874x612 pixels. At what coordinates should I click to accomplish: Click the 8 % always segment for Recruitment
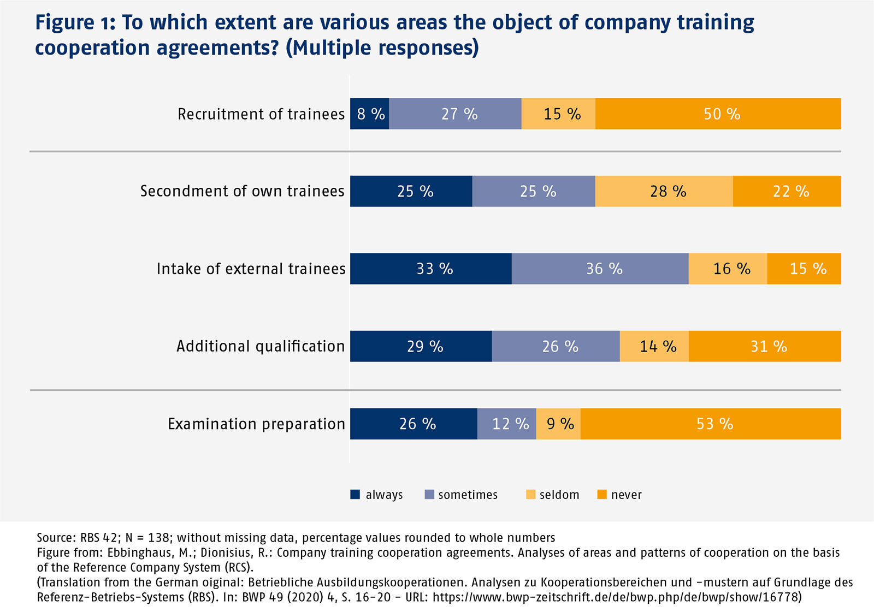pyautogui.click(x=370, y=114)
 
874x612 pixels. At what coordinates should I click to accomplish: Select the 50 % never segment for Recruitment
pyautogui.click(x=718, y=114)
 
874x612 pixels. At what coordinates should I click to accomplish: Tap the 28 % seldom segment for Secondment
pyautogui.click(x=664, y=191)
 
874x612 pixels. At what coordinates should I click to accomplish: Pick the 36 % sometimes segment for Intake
pyautogui.click(x=600, y=269)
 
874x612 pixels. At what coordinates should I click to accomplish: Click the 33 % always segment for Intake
pyautogui.click(x=431, y=269)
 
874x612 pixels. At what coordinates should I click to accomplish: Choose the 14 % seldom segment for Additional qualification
pyautogui.click(x=654, y=346)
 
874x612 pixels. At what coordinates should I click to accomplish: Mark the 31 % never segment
pyautogui.click(x=765, y=346)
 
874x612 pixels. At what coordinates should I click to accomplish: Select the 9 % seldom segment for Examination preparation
pyautogui.click(x=558, y=424)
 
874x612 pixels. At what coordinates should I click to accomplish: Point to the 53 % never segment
pyautogui.click(x=711, y=424)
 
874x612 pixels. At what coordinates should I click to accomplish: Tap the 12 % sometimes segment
pyautogui.click(x=507, y=424)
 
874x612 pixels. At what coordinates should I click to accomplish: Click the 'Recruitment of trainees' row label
pyautogui.click(x=261, y=114)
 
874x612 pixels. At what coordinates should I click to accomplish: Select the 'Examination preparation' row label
pyautogui.click(x=256, y=424)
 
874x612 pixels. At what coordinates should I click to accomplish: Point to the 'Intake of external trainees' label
pyautogui.click(x=251, y=269)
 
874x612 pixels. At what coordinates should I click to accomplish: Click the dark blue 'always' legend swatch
pyautogui.click(x=355, y=495)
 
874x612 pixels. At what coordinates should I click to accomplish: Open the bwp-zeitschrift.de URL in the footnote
pyautogui.click(x=616, y=597)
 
